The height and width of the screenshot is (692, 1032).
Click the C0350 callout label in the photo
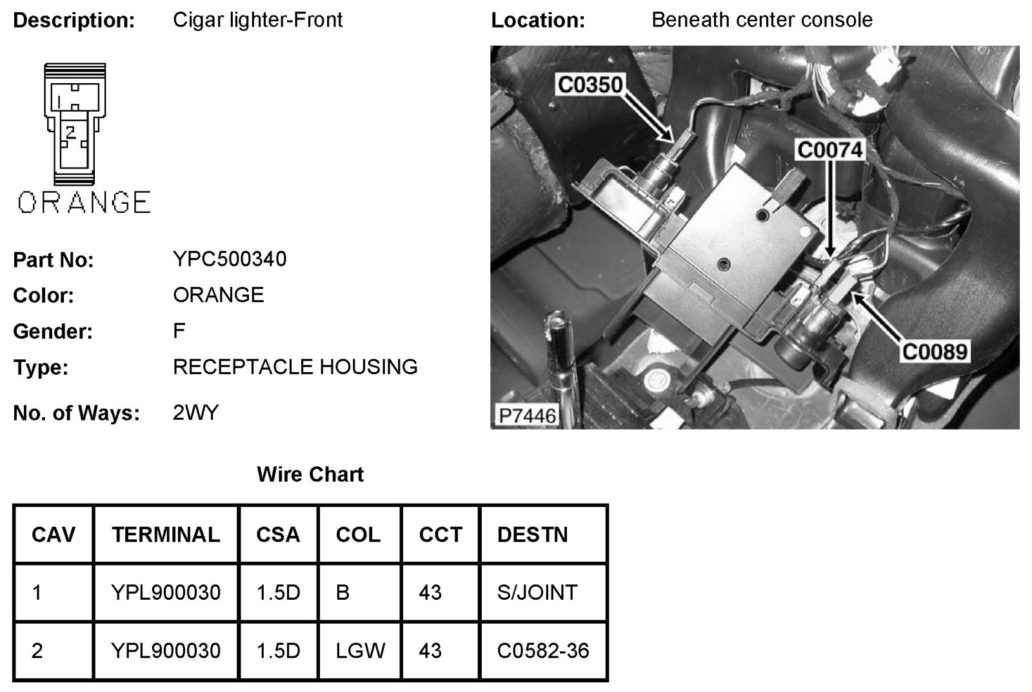[590, 84]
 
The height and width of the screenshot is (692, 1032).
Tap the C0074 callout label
[829, 150]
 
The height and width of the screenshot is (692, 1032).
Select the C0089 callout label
[935, 352]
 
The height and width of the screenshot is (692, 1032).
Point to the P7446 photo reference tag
[527, 415]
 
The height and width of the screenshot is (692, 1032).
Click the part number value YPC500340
[230, 259]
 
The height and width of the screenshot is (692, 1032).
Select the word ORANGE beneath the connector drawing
[84, 203]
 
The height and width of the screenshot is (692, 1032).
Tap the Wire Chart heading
[310, 475]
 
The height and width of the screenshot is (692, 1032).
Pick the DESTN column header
[532, 535]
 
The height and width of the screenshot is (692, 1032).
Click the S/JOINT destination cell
[537, 592]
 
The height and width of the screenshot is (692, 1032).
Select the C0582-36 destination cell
[543, 651]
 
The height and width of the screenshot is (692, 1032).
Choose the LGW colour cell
[360, 651]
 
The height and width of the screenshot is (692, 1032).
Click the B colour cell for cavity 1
[342, 592]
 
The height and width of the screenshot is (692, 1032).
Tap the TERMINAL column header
[166, 535]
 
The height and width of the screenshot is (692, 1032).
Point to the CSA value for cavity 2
[278, 651]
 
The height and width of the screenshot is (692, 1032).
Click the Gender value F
[179, 331]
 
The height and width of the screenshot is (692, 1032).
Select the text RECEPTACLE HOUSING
[295, 367]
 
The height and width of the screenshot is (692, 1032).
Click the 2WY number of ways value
[195, 413]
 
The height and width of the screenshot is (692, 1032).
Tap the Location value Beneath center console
[762, 20]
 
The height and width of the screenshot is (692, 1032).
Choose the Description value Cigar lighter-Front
[257, 20]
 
